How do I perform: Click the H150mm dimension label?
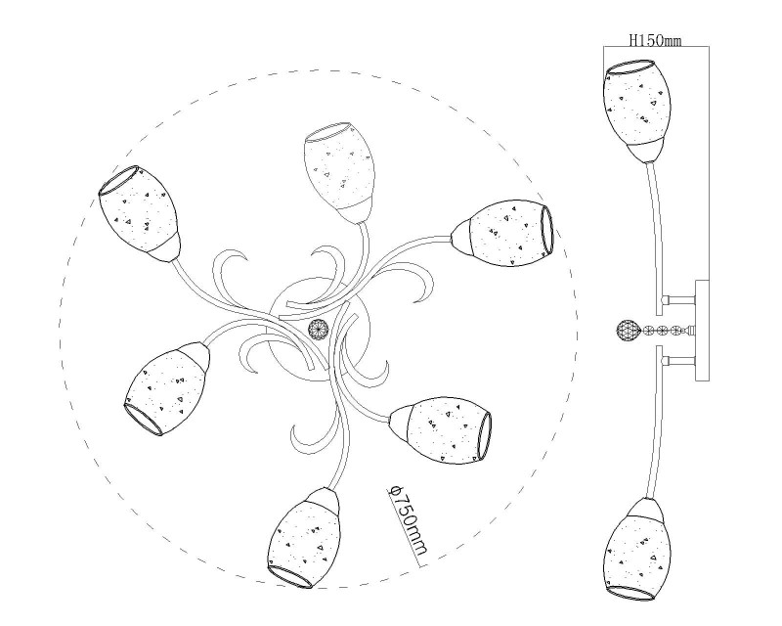tap(655, 40)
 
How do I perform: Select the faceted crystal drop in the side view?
tap(629, 331)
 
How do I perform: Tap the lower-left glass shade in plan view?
tap(166, 388)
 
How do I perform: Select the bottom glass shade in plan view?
tap(304, 538)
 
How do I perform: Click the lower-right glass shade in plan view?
tap(440, 429)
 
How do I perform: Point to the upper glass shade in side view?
tap(637, 111)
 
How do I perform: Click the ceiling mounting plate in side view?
tap(702, 330)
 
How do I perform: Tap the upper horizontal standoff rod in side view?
tap(678, 300)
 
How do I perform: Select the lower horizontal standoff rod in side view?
tap(678, 361)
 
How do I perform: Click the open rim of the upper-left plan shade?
tap(118, 179)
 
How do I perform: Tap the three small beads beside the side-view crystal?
tap(663, 330)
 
